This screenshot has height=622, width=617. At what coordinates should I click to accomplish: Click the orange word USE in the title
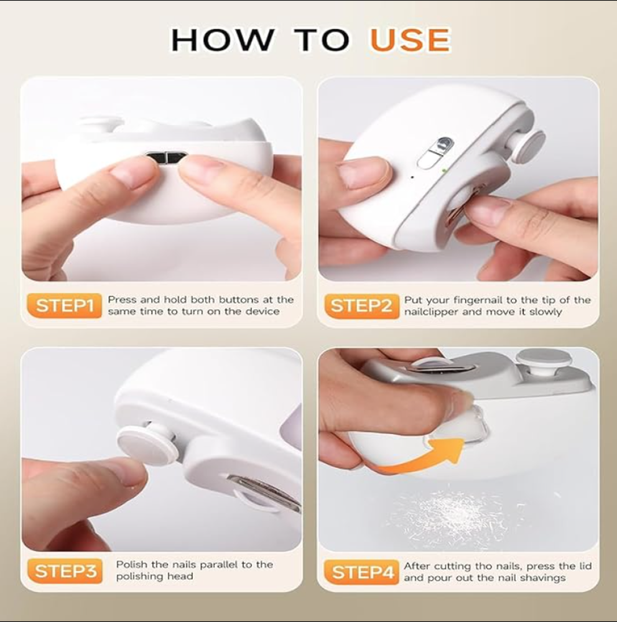point(411,40)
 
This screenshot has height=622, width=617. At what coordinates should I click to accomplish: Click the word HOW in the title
point(222,40)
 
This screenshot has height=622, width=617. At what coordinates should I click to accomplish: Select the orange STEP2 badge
point(361,306)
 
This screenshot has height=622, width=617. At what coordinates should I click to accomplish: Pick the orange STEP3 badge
point(65,571)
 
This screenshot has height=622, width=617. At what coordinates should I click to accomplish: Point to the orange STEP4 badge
point(361,572)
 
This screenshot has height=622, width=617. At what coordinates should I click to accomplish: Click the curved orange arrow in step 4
point(420,456)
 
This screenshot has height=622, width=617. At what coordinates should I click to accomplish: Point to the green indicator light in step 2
point(443,171)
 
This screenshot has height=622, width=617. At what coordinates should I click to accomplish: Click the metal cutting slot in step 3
point(262,492)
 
